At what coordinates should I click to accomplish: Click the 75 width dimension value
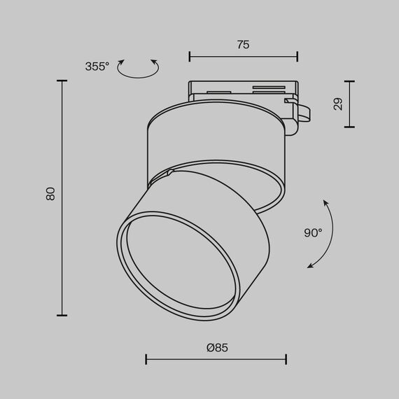pos(243,45)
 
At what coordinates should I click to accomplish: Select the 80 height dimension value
pos(50,194)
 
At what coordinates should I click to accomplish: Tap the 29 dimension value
pos(338,104)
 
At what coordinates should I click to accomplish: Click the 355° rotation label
pos(97,66)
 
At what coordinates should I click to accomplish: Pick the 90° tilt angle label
pos(312,232)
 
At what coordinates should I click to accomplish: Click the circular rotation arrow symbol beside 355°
pos(138,68)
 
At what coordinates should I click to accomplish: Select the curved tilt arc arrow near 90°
pos(323,234)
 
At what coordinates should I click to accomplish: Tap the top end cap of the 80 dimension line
pos(62,81)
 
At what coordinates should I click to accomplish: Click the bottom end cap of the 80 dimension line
pos(62,316)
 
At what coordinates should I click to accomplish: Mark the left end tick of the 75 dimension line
pos(190,56)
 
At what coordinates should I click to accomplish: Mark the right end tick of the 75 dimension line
pos(297,56)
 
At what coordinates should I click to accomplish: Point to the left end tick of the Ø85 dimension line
pos(146,360)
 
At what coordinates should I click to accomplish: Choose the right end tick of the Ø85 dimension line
pos(286,360)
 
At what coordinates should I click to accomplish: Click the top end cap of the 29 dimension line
pos(349,81)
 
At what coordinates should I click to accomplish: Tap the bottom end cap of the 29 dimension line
pos(349,127)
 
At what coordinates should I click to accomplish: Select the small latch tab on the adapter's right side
pos(302,112)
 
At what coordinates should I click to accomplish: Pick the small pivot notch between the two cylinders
pos(170,171)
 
